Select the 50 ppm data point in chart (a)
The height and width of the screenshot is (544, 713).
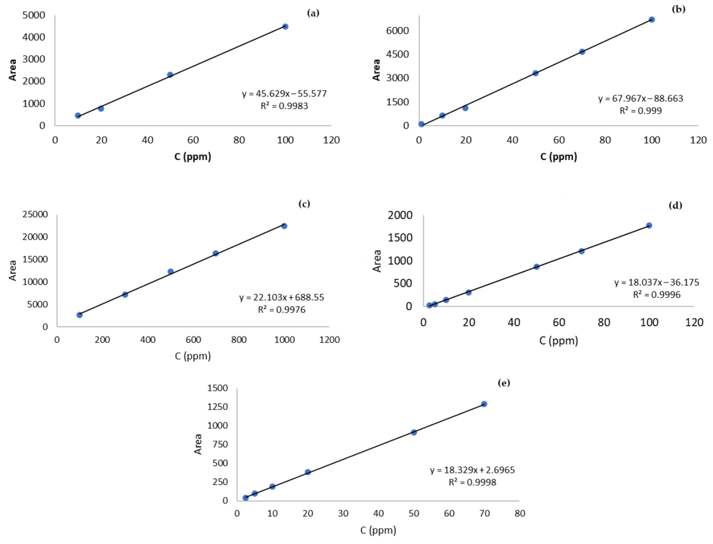point(170,75)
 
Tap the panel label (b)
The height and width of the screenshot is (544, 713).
point(678,9)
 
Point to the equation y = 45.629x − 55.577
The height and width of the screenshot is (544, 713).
point(284,94)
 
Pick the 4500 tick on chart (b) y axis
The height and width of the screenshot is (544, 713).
point(397,54)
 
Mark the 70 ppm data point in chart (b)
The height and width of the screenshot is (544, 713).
point(582,52)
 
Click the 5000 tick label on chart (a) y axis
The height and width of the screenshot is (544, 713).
point(34,15)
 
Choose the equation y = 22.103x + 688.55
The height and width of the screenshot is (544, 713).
point(282,298)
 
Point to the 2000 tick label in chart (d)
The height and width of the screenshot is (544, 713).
point(400,215)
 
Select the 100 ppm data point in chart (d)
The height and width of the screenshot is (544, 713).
point(649,226)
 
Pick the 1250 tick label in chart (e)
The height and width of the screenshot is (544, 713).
point(217,407)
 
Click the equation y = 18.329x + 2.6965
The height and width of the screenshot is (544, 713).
point(472,470)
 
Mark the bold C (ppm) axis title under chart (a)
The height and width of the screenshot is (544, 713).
point(193,157)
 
